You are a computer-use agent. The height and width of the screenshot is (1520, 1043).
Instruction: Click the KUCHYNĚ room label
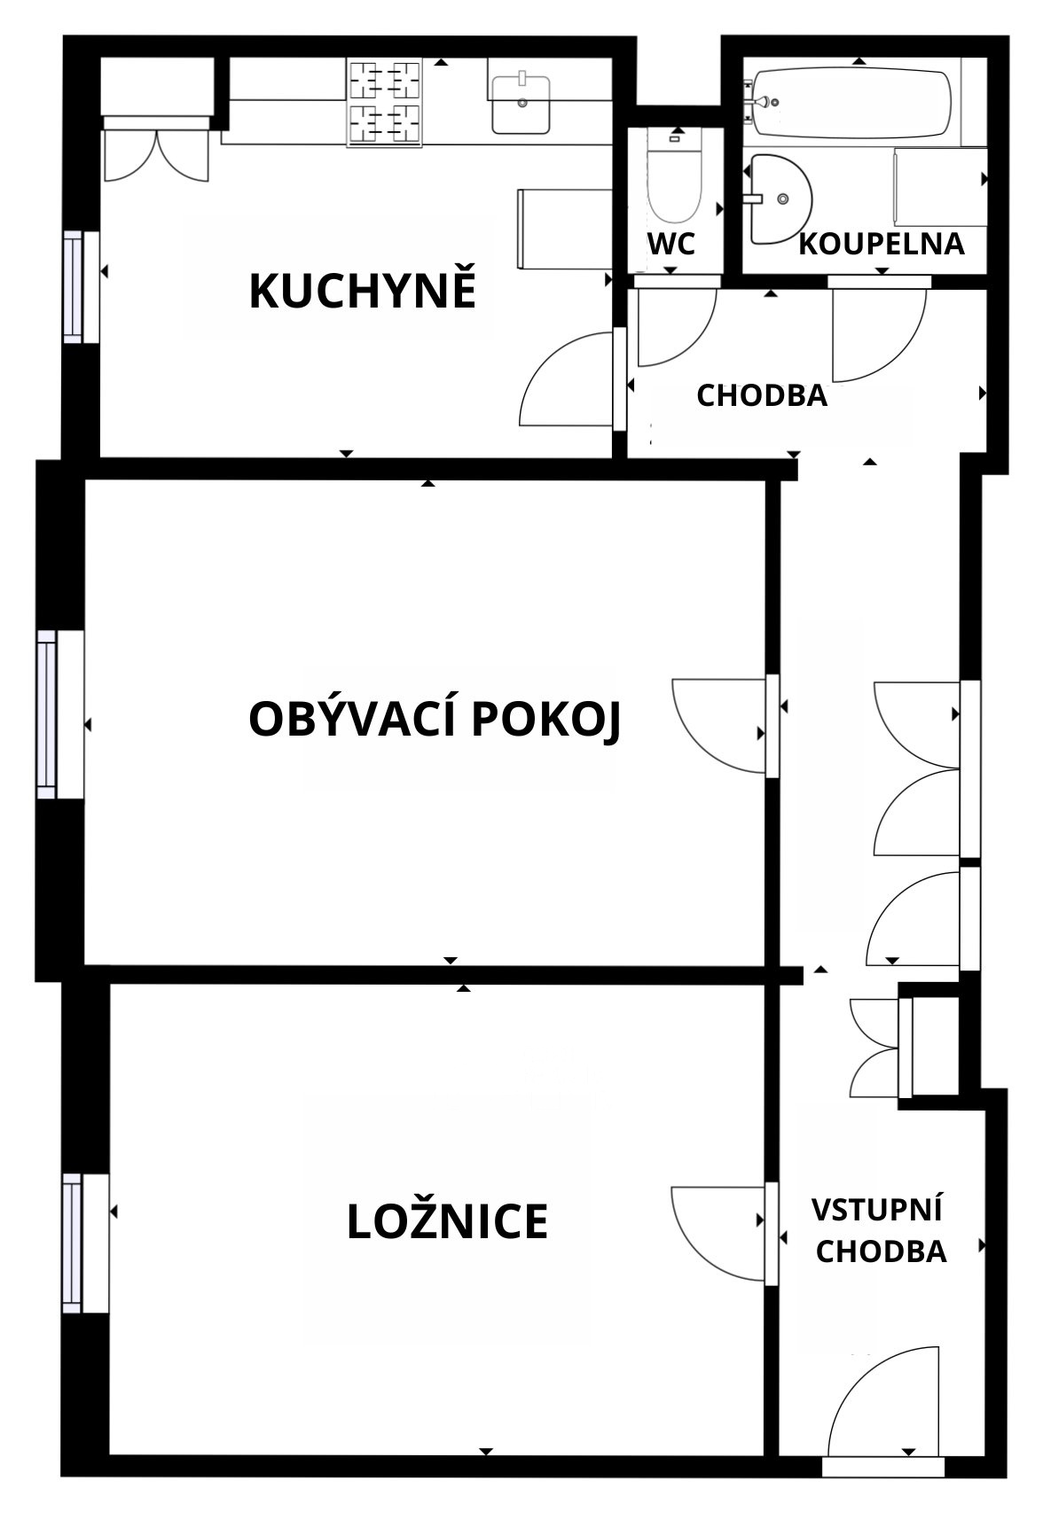click(x=363, y=291)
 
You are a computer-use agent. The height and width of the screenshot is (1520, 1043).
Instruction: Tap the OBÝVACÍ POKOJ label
click(x=435, y=719)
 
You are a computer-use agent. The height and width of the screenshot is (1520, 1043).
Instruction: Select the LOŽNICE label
click(x=447, y=1221)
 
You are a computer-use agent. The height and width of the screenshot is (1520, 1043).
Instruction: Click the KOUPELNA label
click(x=882, y=243)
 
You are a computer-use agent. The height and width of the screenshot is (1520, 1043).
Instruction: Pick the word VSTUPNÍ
click(x=877, y=1209)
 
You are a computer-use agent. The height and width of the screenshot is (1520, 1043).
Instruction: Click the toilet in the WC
click(x=675, y=175)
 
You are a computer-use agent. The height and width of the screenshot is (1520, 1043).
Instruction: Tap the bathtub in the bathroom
click(x=851, y=103)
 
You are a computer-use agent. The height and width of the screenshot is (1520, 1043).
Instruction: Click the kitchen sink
click(x=520, y=104)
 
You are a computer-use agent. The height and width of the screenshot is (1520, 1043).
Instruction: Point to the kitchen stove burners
click(x=384, y=102)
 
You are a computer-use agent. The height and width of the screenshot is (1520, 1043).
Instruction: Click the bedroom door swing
click(x=719, y=1233)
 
